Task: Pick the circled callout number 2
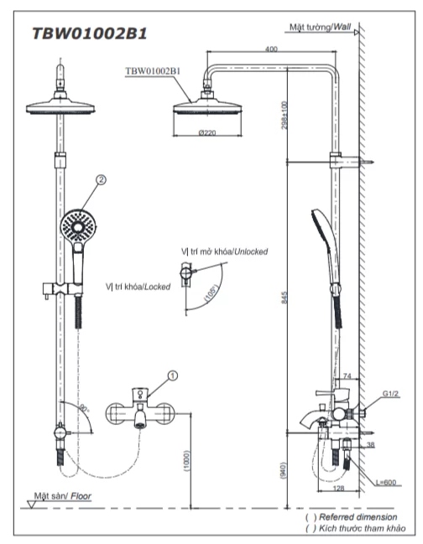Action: (x=102, y=179)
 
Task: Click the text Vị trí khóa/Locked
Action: (x=138, y=286)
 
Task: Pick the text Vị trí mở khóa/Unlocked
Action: (x=224, y=251)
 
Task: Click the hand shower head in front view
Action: (x=77, y=224)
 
